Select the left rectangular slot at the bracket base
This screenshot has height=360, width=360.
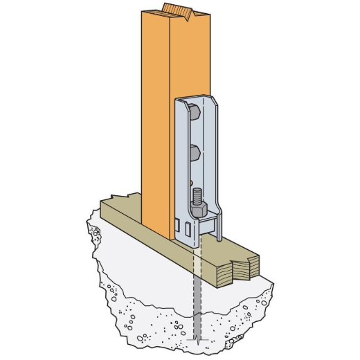click(179, 226)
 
